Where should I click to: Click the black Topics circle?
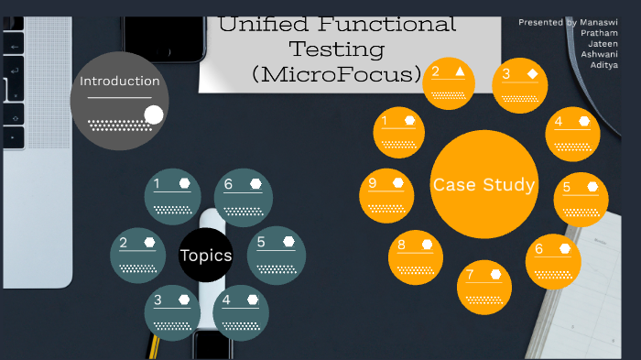[206, 256]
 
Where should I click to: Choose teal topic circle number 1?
[173, 196]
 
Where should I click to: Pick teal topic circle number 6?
[243, 196]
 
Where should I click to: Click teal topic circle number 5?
[276, 255]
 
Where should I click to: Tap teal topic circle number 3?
[172, 311]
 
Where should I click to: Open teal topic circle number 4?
[241, 311]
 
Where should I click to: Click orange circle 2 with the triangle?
[450, 83]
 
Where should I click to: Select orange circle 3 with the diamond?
[519, 85]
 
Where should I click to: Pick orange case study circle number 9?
[387, 195]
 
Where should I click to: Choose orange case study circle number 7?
[483, 287]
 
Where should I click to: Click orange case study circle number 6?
[552, 261]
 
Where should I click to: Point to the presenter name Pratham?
[599, 33]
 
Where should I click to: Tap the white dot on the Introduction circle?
[154, 115]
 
